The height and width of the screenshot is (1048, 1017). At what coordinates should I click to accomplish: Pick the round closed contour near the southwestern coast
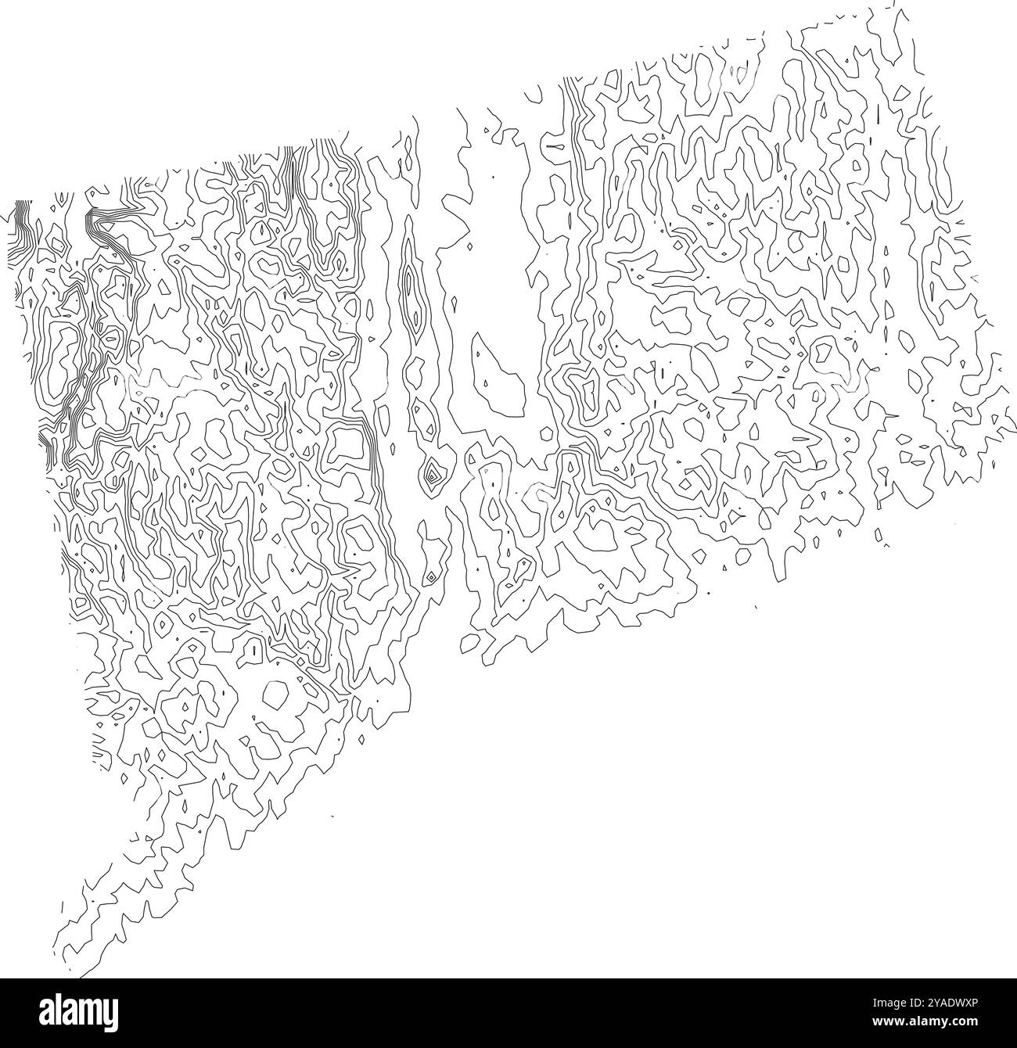click(x=275, y=694)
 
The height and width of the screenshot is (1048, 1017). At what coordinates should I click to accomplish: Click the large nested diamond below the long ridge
click(x=431, y=472)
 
